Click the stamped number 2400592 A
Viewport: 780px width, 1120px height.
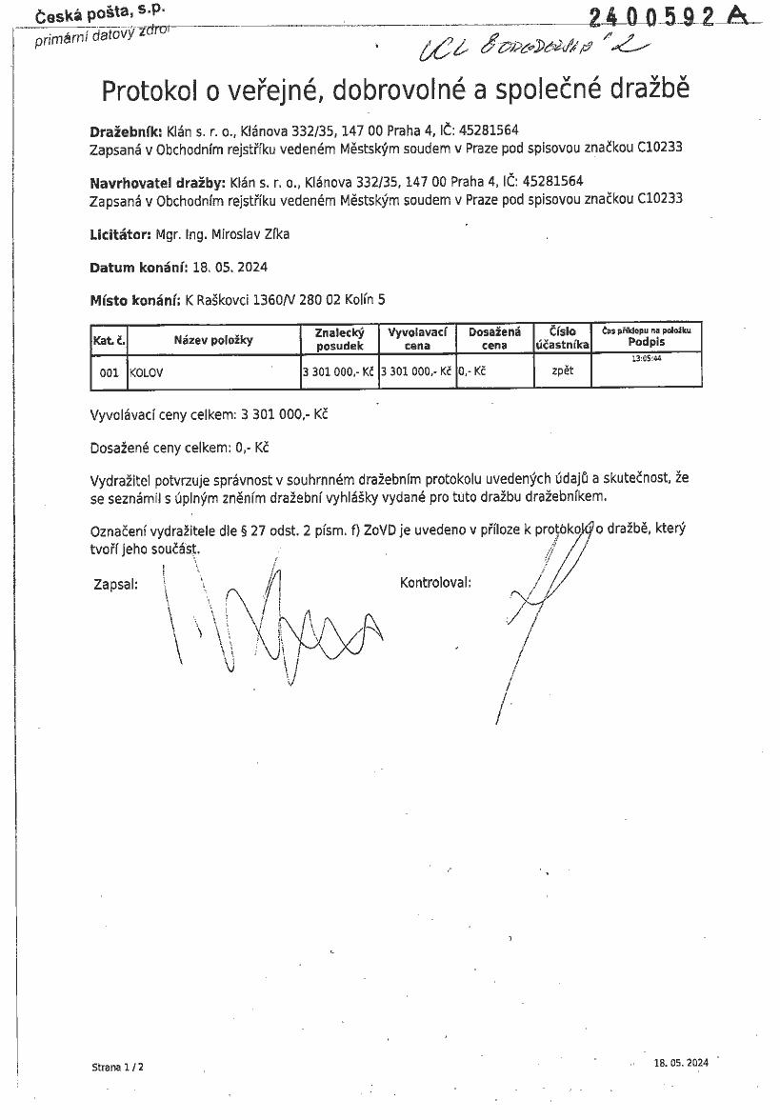pyautogui.click(x=667, y=16)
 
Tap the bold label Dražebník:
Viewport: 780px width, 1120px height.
pyautogui.click(x=127, y=130)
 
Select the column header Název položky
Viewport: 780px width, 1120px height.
pyautogui.click(x=212, y=340)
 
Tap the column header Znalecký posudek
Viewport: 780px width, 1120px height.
pyautogui.click(x=339, y=339)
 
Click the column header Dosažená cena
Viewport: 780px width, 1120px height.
pyautogui.click(x=494, y=338)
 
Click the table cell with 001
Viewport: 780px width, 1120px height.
pyautogui.click(x=109, y=373)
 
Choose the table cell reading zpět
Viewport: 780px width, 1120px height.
pyautogui.click(x=562, y=370)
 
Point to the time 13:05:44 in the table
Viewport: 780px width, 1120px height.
pyautogui.click(x=646, y=359)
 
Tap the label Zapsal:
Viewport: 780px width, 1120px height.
pyautogui.click(x=115, y=584)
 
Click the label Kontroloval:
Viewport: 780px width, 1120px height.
pyautogui.click(x=435, y=583)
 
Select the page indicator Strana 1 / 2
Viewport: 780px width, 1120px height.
pyautogui.click(x=117, y=1068)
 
